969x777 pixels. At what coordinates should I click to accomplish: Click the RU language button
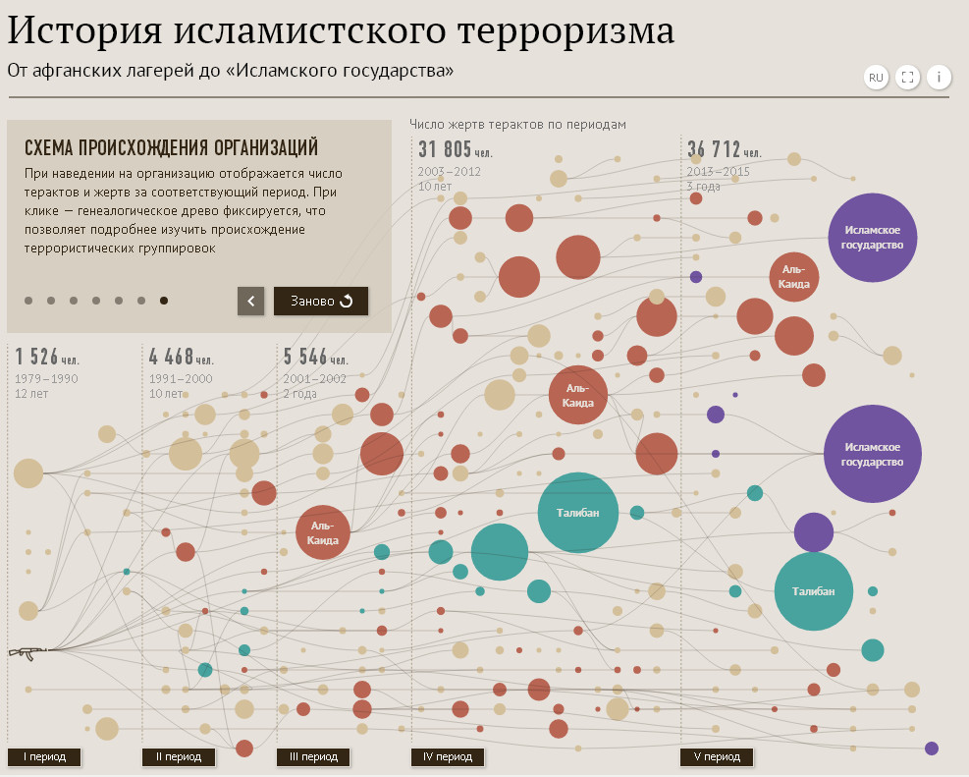tap(876, 78)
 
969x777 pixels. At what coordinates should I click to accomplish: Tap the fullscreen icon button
tap(908, 78)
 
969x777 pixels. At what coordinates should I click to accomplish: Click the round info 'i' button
tap(939, 78)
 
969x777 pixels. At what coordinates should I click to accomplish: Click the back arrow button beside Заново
tap(251, 301)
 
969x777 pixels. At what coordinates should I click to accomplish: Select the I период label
tap(44, 756)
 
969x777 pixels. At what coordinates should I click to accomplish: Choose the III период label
tap(313, 756)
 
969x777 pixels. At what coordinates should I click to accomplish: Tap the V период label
tap(717, 756)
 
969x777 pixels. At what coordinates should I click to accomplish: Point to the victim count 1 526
tap(37, 356)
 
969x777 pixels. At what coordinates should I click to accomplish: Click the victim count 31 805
tap(445, 149)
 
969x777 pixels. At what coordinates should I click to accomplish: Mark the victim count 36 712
tap(714, 149)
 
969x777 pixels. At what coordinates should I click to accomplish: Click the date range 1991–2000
tap(180, 378)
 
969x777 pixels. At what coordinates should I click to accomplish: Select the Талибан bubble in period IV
tap(578, 513)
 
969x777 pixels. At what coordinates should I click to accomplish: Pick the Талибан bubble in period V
tap(814, 591)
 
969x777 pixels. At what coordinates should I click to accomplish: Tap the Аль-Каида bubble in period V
tap(794, 276)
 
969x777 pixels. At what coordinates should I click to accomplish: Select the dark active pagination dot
tap(164, 301)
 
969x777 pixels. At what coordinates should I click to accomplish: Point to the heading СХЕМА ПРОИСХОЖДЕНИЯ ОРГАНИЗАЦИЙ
tap(171, 147)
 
